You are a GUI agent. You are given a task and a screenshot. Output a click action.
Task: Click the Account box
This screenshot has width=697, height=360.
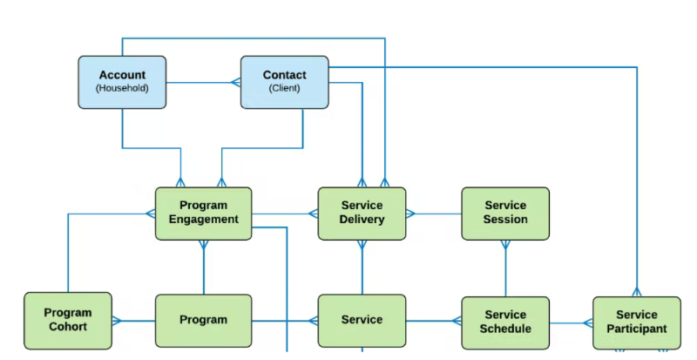[x=122, y=82]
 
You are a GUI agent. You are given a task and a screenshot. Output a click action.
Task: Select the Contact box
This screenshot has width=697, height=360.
[x=284, y=82]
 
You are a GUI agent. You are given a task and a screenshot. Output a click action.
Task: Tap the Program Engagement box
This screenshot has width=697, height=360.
[x=203, y=214]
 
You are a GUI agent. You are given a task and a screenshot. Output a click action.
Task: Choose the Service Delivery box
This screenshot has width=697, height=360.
[x=362, y=214]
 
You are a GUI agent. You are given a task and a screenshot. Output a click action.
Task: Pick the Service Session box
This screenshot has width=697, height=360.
[x=505, y=214]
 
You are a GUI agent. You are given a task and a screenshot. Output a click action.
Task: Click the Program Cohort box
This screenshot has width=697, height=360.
[x=67, y=319]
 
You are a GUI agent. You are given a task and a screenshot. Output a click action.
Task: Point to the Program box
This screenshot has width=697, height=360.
[x=203, y=320]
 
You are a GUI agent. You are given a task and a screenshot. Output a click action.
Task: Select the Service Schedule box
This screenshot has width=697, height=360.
[x=505, y=322]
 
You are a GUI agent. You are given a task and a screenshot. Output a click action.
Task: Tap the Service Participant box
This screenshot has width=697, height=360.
[x=636, y=322]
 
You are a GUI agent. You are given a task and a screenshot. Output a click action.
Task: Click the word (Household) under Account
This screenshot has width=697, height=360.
[x=122, y=89]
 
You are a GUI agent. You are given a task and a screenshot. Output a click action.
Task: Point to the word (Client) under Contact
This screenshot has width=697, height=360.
[x=284, y=89]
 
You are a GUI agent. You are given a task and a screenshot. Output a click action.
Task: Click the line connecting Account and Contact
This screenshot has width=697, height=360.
[x=202, y=83]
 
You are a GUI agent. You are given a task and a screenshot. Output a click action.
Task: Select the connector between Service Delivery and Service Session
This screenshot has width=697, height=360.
[x=434, y=213]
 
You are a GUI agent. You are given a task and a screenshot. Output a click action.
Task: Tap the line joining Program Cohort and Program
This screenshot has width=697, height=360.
[x=133, y=321]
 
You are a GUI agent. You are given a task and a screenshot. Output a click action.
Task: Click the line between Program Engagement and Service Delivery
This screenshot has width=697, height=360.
[x=284, y=213]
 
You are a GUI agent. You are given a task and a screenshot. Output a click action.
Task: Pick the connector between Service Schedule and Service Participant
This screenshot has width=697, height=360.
[x=571, y=322]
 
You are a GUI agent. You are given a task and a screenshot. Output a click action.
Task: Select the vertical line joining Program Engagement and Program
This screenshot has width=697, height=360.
[x=204, y=268]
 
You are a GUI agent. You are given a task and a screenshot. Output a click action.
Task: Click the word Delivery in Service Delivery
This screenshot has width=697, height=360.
[x=362, y=220]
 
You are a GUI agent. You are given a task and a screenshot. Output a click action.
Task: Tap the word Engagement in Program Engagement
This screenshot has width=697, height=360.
[x=203, y=220]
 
